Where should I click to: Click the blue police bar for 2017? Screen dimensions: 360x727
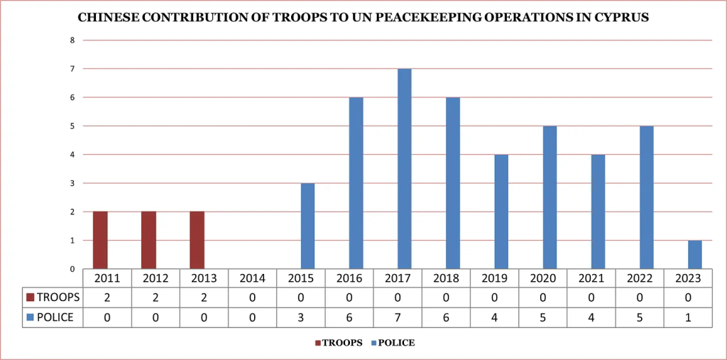coord(404,169)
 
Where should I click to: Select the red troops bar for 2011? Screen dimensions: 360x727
coord(100,240)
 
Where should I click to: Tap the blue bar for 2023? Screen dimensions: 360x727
coord(695,254)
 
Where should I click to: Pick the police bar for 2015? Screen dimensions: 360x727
coord(307,226)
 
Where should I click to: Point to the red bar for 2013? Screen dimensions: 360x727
coord(197,240)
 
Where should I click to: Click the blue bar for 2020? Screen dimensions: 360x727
coord(550,197)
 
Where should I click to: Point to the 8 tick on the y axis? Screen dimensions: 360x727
coord(72,40)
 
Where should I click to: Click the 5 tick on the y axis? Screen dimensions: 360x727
coord(72,126)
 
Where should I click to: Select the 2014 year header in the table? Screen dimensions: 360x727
coord(253,278)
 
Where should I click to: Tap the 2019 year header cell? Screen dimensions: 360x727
coord(495,278)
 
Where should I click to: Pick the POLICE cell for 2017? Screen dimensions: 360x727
coord(398,317)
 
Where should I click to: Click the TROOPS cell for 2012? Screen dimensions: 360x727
coord(155,298)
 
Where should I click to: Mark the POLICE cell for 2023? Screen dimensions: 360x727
coord(688,317)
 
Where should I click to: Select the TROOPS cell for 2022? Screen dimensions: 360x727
coord(640,298)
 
